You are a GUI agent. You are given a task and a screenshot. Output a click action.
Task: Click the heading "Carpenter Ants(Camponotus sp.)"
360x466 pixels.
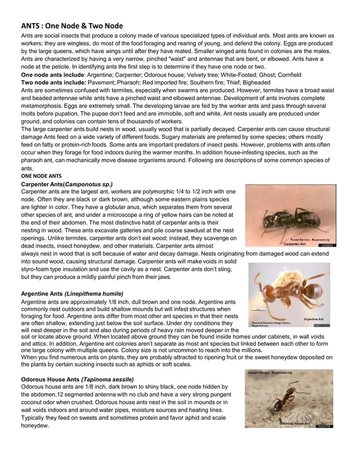click(x=67, y=184)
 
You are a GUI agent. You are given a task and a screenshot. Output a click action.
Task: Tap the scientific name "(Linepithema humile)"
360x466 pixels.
click(x=94, y=293)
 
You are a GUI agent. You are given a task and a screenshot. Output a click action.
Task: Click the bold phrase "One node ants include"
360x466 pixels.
click(x=52, y=74)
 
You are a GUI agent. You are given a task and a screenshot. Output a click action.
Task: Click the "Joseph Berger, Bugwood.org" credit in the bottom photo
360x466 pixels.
click(x=271, y=373)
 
